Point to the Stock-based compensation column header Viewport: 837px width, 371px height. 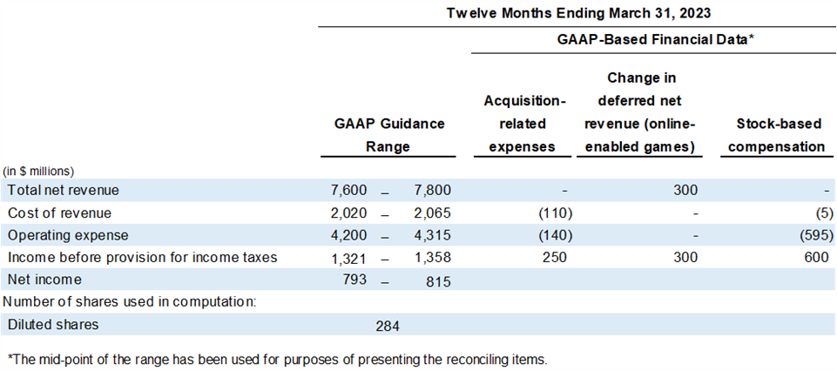coord(775,135)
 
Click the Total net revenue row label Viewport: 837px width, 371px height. coord(64,189)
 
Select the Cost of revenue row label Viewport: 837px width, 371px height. coord(60,212)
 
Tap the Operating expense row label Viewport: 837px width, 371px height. coord(68,234)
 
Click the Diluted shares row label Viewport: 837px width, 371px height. coord(53,325)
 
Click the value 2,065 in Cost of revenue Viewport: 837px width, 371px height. coord(433,212)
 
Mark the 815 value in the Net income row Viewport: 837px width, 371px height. coord(438,280)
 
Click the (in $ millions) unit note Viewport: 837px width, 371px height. coord(38,171)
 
